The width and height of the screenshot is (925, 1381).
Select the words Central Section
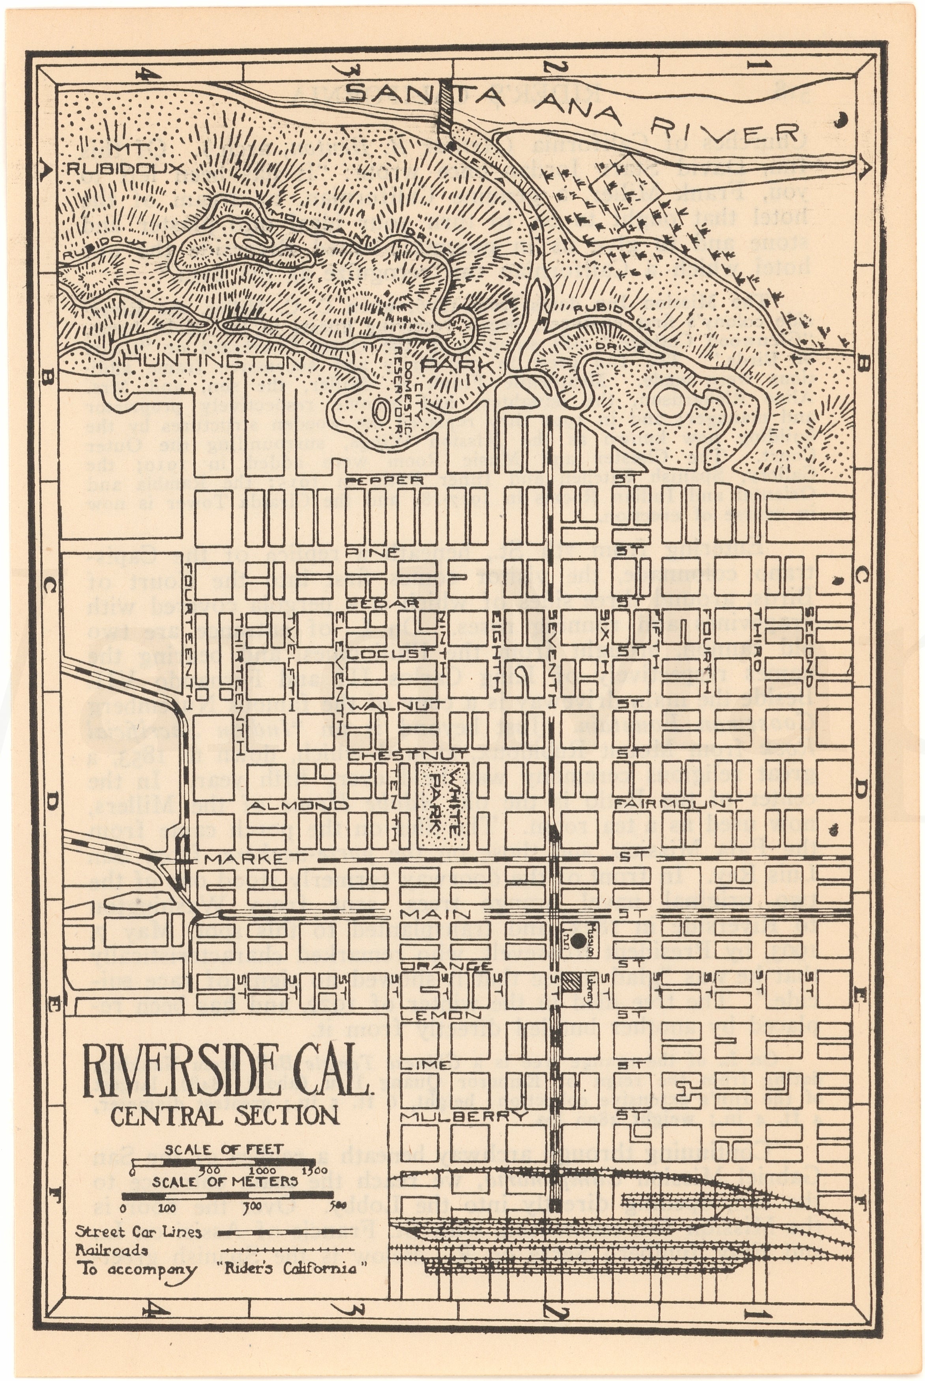pyautogui.click(x=225, y=1115)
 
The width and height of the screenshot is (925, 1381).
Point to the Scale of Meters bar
pyautogui.click(x=227, y=1196)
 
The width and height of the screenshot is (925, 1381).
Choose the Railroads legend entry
pyautogui.click(x=112, y=1250)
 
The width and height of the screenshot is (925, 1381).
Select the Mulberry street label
pyautogui.click(x=464, y=1116)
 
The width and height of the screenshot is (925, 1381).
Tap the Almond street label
pyautogui.click(x=298, y=805)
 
